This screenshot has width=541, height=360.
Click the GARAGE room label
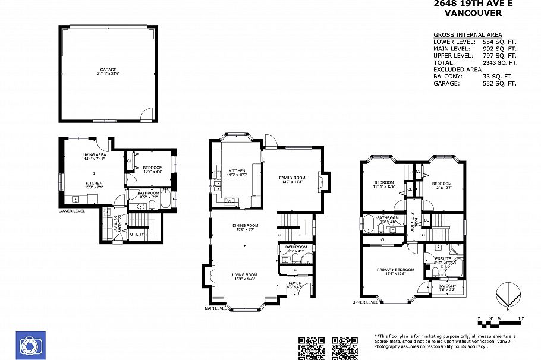(x=108, y=70)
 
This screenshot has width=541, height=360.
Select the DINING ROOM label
(x=245, y=225)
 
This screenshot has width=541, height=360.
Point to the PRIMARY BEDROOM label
(x=391, y=269)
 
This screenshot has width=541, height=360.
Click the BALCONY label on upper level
(x=448, y=286)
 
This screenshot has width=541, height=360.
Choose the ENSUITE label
(x=442, y=259)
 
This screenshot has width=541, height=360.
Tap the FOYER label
(x=295, y=283)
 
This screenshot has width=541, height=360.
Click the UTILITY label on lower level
(x=136, y=235)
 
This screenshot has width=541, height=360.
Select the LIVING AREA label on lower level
(x=94, y=154)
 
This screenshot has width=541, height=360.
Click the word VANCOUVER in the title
(x=473, y=13)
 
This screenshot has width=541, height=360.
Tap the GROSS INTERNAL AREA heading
(x=467, y=35)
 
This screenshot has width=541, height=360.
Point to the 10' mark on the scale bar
(x=521, y=320)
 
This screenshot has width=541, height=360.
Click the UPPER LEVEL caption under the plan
(x=364, y=302)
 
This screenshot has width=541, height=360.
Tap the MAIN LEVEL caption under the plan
(x=216, y=308)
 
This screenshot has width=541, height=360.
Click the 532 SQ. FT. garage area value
(x=499, y=84)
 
